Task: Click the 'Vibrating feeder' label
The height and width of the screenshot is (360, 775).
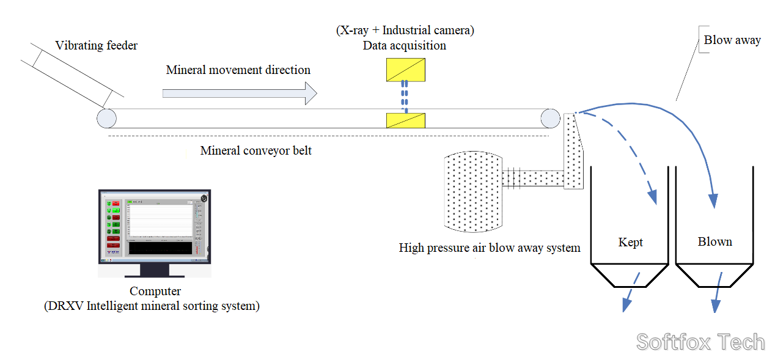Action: tap(96, 46)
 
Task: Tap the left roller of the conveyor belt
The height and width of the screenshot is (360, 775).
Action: tap(106, 117)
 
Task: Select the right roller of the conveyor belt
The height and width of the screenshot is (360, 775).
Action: tap(549, 118)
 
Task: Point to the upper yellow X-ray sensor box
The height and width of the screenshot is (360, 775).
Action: tap(406, 70)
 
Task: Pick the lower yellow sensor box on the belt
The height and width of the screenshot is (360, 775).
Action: tap(406, 120)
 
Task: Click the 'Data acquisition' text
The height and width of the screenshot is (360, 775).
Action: tap(404, 46)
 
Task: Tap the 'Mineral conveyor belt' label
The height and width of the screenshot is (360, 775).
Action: tap(255, 150)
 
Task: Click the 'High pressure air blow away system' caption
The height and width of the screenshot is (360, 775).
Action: tap(490, 248)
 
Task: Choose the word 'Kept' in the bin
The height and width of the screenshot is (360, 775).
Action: tap(630, 243)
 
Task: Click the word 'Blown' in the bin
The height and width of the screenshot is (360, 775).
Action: tap(714, 242)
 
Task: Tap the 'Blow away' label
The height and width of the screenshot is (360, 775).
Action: tap(732, 40)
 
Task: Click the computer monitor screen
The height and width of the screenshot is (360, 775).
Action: tap(155, 226)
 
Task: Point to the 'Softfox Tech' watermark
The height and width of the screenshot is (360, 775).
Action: tap(700, 342)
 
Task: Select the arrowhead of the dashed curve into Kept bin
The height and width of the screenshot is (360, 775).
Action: tap(652, 196)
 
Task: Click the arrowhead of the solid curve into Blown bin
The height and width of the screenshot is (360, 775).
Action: tap(713, 200)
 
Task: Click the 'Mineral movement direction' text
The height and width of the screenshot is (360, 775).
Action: tap(238, 70)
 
